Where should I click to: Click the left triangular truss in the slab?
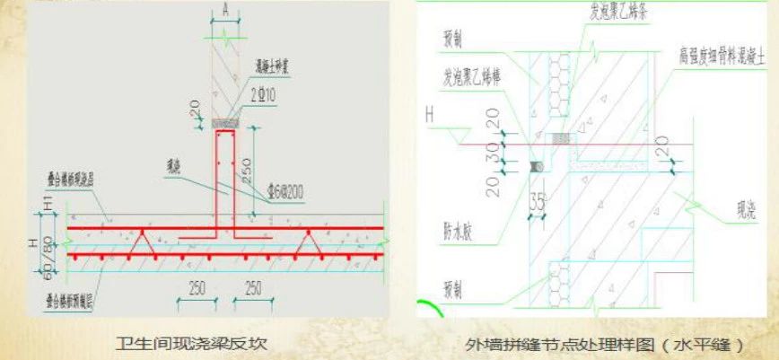(136, 241)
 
